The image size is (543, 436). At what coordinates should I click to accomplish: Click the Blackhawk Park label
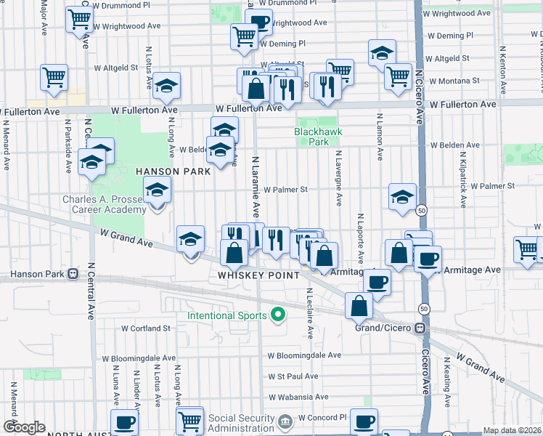coord(317,137)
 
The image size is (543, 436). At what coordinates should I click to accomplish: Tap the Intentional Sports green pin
coord(277,315)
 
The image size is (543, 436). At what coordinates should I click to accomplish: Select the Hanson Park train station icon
coord(73,275)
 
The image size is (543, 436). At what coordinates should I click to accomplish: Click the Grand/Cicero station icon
coord(420,328)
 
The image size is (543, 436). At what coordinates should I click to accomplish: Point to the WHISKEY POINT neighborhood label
coord(259,276)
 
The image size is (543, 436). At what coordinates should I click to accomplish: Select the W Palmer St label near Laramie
coord(285,190)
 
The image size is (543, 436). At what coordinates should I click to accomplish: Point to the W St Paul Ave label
coord(293,376)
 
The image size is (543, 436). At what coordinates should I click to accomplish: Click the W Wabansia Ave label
coord(298,397)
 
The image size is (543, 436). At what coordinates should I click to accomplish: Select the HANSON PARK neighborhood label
coord(173,171)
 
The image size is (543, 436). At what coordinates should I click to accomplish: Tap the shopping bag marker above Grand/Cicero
coord(359,306)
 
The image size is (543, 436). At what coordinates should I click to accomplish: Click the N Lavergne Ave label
coord(338,179)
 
